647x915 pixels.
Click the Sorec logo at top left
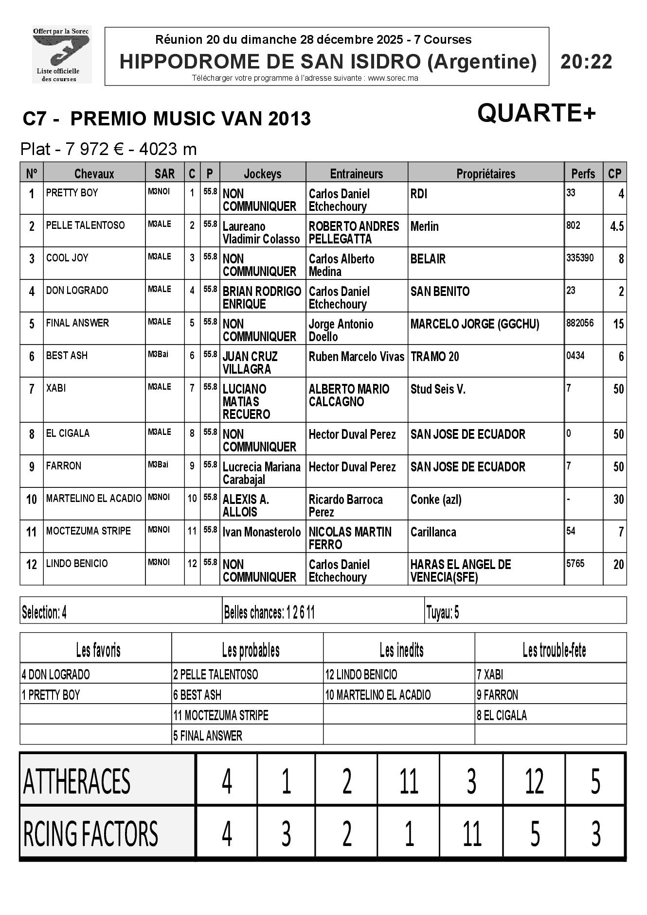61,54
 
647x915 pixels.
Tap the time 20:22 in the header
586,62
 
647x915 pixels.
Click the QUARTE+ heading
536,113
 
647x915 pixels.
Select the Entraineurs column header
356,173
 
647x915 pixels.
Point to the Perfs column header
583,173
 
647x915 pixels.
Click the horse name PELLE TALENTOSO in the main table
85,225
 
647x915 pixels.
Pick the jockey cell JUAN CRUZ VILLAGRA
250,363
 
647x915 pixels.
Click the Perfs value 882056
580,323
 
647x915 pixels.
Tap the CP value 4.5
616,226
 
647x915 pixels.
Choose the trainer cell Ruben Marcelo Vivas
356,357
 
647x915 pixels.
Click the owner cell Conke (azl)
436,500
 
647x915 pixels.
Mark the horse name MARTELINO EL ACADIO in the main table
93,499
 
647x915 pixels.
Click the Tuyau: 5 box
442,613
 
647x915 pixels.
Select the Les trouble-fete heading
554,650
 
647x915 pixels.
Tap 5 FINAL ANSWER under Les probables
208,736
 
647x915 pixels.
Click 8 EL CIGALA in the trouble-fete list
502,715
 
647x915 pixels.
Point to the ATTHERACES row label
77,781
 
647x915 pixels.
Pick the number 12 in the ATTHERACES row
534,782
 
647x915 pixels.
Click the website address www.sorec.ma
393,78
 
